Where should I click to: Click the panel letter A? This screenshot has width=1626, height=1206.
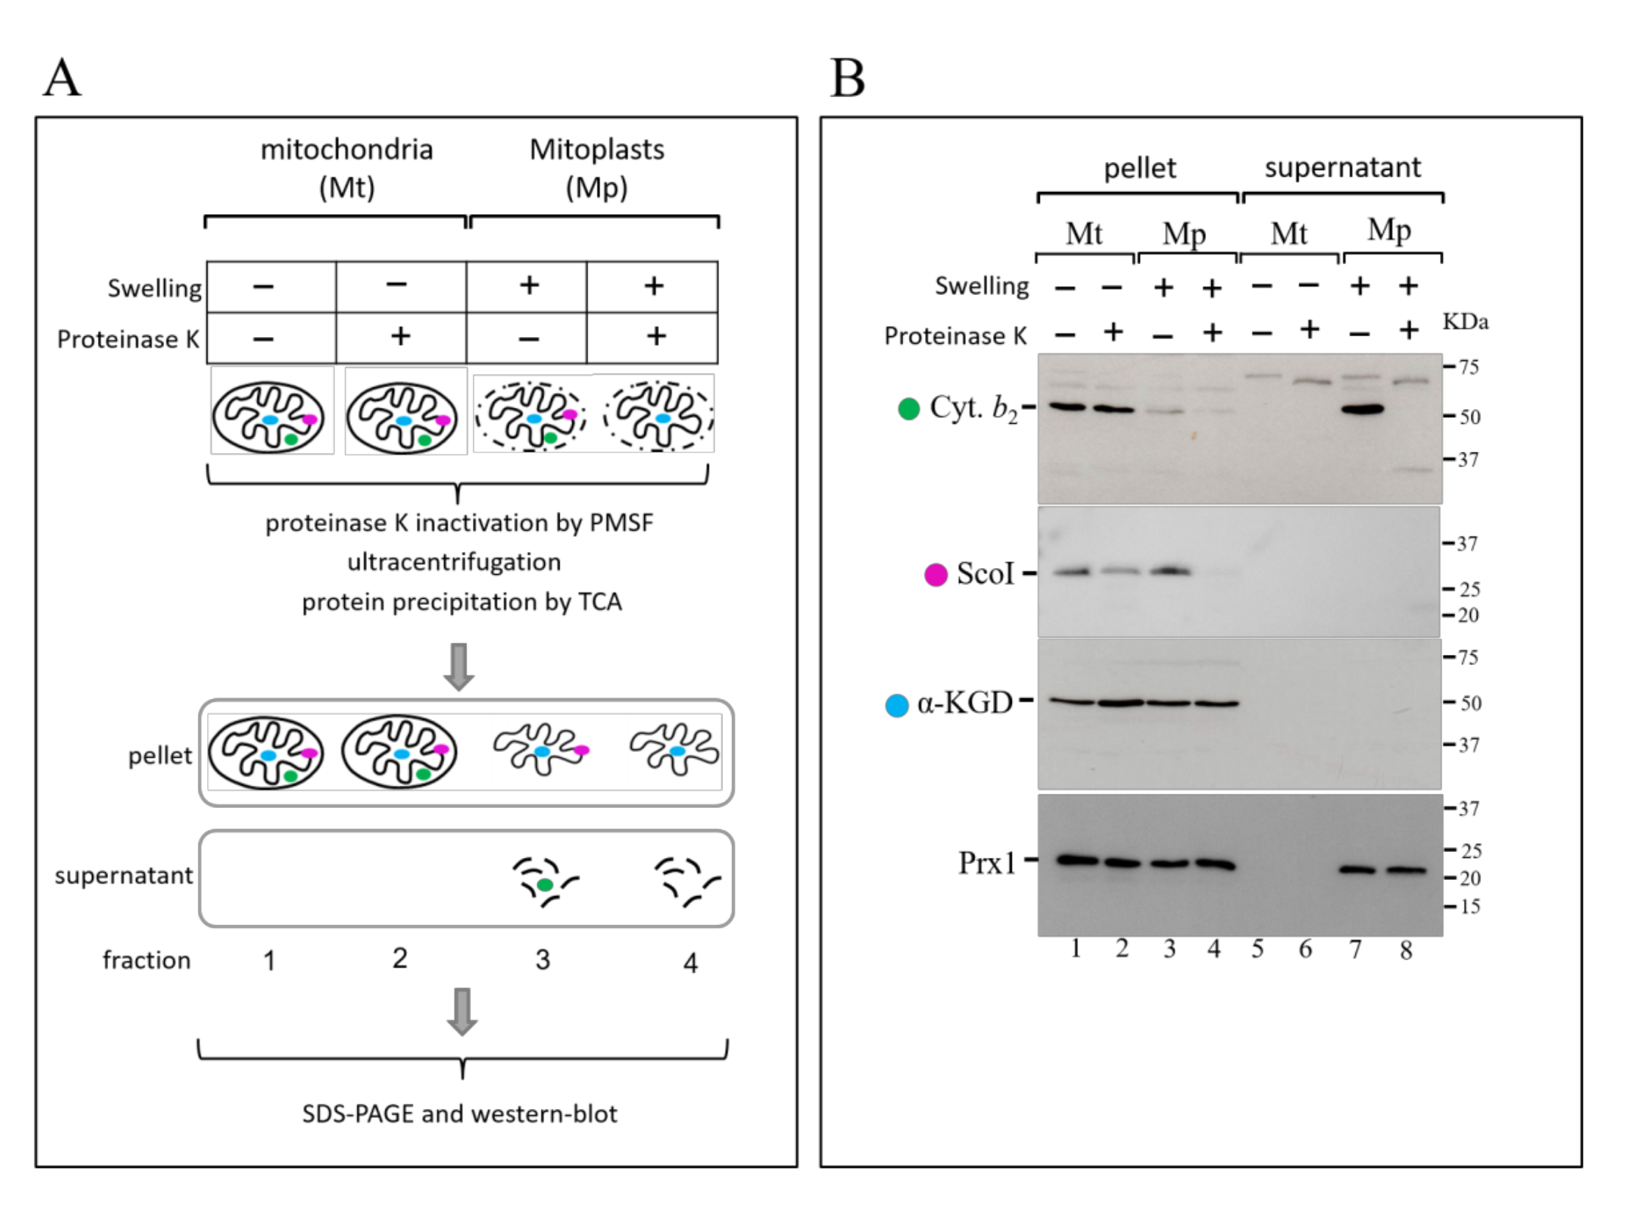(x=62, y=78)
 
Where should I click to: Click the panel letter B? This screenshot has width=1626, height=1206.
(x=847, y=78)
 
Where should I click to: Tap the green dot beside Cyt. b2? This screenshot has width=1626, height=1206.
(x=909, y=409)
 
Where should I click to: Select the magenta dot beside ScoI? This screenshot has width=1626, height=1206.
(x=935, y=575)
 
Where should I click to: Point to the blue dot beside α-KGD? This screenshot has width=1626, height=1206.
(x=896, y=706)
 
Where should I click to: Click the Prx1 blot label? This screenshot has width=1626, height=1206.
(x=986, y=862)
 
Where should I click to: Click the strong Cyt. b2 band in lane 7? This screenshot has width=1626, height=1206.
(x=1362, y=410)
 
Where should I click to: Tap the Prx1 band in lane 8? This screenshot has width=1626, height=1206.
(x=1406, y=870)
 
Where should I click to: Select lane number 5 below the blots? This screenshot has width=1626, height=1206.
(x=1258, y=949)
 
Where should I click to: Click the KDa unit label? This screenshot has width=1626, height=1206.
(x=1465, y=322)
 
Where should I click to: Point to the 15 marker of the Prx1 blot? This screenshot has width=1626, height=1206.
(x=1469, y=907)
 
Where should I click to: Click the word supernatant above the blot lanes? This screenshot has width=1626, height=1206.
(x=1342, y=168)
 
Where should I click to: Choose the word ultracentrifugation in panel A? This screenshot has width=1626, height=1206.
(x=454, y=562)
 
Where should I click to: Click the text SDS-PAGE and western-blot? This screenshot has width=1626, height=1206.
(x=460, y=1114)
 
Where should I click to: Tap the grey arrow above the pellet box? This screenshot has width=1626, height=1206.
(x=459, y=667)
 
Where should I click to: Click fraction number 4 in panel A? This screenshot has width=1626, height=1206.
(x=690, y=962)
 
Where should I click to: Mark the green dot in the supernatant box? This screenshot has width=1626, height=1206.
(x=544, y=884)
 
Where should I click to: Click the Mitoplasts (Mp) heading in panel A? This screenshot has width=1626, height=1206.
(x=596, y=168)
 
